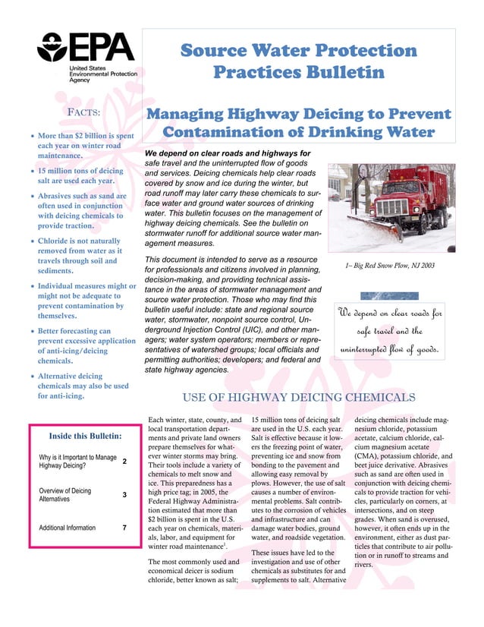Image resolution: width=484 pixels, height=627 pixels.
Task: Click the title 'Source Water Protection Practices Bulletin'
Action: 298,62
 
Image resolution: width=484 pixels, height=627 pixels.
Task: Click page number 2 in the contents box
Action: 124,462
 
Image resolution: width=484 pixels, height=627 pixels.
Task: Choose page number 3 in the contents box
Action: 124,495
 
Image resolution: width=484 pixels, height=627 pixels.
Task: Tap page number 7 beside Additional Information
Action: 124,528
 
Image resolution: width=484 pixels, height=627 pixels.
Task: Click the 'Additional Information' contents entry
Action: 67,528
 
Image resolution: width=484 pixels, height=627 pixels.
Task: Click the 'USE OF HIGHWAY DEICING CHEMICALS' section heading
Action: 299,397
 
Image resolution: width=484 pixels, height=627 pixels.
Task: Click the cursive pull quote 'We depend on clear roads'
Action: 390,331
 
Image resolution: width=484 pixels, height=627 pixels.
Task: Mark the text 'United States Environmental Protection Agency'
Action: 102,74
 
